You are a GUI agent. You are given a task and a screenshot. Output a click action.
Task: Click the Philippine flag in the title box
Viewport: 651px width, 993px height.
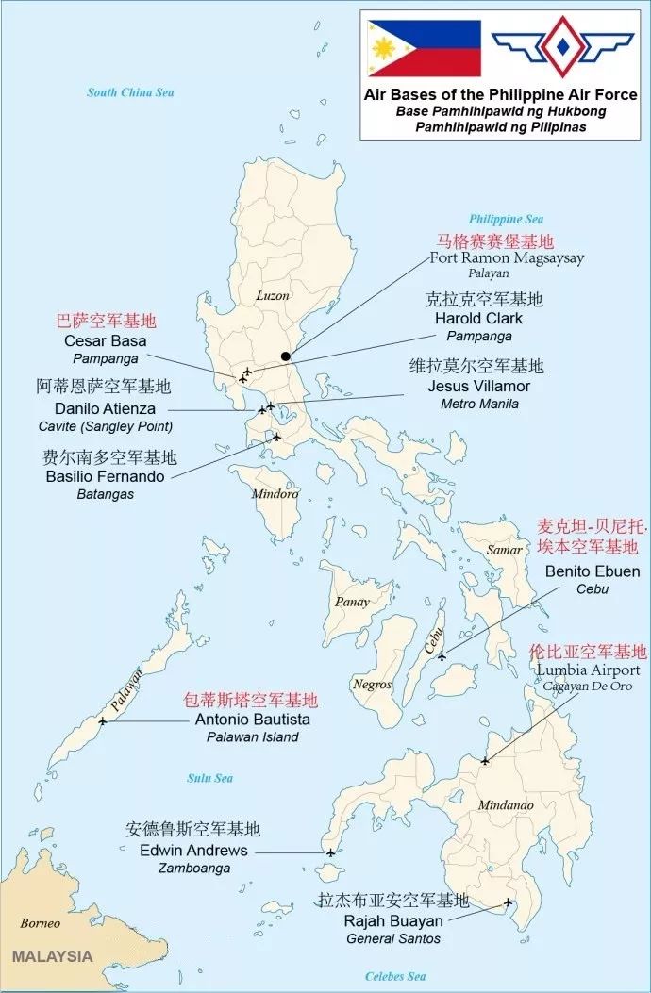tap(424, 48)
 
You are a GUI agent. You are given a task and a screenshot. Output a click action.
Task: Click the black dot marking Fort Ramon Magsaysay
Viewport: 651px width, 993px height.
tap(286, 356)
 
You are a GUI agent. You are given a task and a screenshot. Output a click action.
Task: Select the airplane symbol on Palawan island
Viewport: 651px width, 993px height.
tap(103, 721)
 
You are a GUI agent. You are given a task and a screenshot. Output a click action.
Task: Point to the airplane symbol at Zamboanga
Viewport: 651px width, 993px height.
tap(330, 852)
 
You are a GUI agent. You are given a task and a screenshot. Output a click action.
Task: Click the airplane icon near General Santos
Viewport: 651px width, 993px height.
tap(508, 902)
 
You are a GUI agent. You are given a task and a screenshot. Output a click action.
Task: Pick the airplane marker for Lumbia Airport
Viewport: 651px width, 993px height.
tap(485, 760)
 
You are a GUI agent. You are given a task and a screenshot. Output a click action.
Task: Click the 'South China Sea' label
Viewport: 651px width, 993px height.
tap(130, 92)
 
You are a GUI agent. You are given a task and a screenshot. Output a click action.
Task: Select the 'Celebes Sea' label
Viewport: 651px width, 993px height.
tap(395, 976)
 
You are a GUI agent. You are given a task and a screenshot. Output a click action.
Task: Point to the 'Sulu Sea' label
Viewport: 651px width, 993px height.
tap(209, 778)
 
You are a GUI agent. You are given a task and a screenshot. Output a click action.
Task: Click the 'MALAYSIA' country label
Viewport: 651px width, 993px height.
tap(52, 955)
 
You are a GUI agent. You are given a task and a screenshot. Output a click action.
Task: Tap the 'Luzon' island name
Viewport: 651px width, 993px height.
tap(273, 295)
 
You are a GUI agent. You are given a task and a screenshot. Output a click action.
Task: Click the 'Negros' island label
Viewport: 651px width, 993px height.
tap(372, 684)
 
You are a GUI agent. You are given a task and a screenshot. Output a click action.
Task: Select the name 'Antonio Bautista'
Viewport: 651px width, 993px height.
tap(252, 720)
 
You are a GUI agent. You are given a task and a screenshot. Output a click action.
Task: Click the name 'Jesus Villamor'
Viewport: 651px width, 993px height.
tap(478, 386)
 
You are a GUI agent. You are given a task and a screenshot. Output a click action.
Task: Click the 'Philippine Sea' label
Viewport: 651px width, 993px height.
tap(507, 219)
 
